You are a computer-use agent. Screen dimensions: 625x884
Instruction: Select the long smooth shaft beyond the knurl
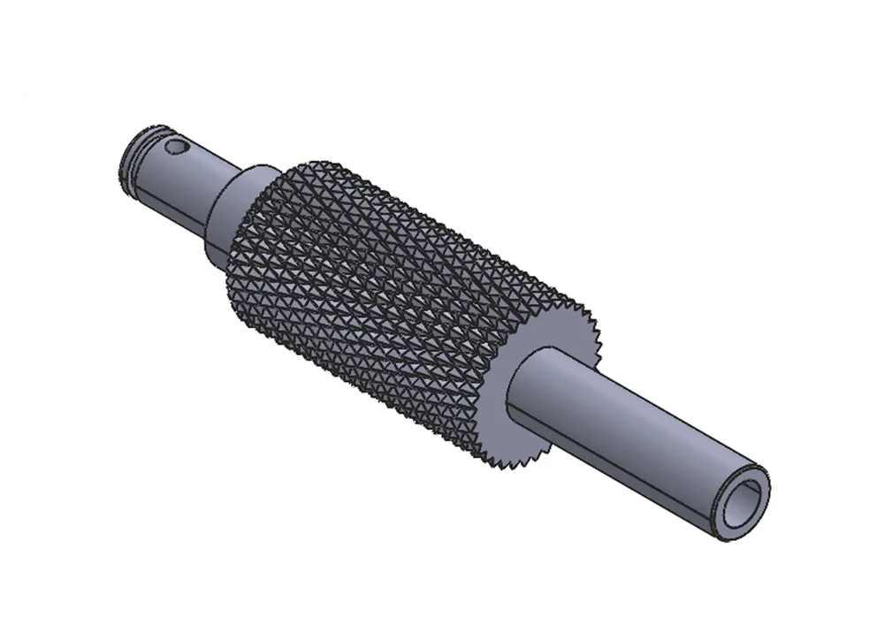(636, 433)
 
